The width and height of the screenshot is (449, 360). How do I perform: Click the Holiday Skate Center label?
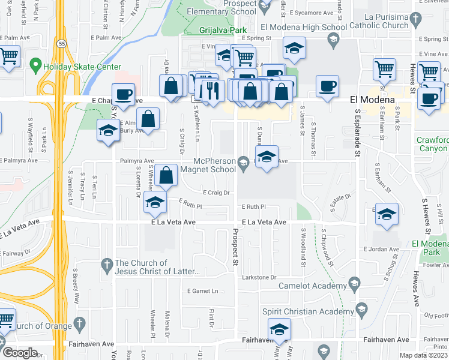pos(82,67)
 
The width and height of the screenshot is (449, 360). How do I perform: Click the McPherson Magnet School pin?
pos(243,161)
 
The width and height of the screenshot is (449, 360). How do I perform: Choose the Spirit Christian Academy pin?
pos(361,310)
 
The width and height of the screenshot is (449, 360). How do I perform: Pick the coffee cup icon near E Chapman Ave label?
pos(123,94)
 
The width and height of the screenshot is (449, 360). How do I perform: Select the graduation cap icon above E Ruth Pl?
pos(155,203)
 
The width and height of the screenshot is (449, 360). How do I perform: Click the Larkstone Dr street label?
pos(259,277)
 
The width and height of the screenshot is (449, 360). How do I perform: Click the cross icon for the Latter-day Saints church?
pos(106,265)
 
